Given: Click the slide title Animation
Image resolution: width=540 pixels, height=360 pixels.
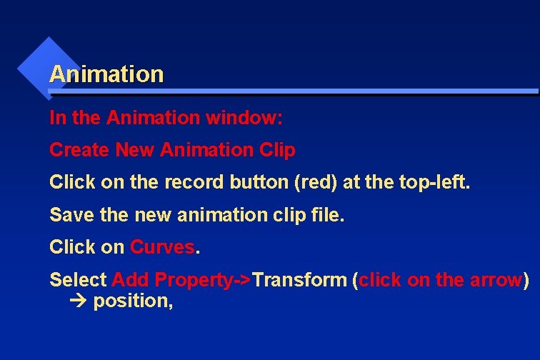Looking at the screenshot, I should [x=106, y=74].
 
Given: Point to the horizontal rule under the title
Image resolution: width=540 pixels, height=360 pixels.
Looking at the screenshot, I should [x=293, y=92].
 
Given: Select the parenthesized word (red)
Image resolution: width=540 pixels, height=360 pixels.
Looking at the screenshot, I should [x=316, y=182].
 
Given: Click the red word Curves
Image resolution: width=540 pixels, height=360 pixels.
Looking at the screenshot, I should [x=162, y=247].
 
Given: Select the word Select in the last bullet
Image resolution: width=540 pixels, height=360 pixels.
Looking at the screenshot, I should [x=78, y=279].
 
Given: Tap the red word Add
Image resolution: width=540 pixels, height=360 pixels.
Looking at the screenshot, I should [x=131, y=279].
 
